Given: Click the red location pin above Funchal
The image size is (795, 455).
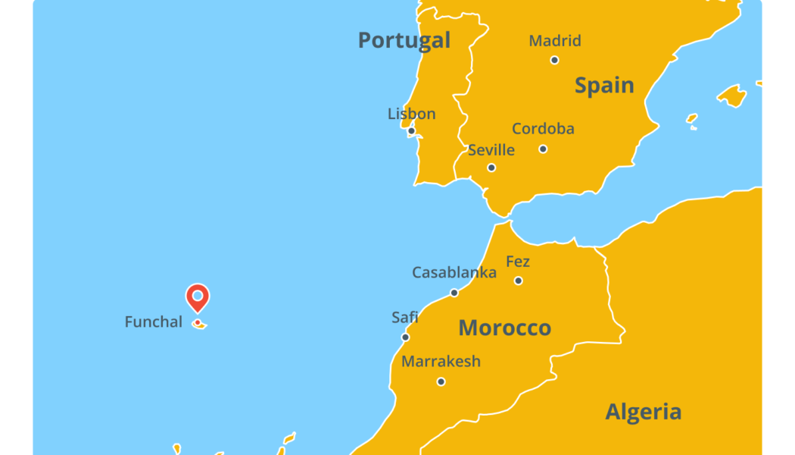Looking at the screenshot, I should pos(198,297).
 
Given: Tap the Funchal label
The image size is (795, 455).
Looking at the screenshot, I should pos(154,322).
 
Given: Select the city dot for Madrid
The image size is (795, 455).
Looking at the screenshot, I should pos(554,60).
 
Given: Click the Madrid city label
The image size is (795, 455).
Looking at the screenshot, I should pos(555,41).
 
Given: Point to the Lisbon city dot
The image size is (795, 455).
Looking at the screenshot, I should pos(411,131).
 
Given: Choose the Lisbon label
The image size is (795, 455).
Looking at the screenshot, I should pos(412,115).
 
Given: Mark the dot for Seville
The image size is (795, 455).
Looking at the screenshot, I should pos(491,168).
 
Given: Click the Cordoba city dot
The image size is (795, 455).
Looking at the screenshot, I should pos(543,149).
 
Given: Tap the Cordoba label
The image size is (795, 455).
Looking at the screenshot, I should pos(543,129).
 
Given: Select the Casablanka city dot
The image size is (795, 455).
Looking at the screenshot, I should pos(454,293).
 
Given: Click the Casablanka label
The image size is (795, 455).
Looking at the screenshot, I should pos(454,272).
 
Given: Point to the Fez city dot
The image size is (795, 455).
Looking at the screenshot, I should pos(518,281).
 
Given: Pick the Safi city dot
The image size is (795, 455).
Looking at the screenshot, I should pos(405,337).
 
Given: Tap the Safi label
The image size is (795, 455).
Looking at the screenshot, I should pos(405,318).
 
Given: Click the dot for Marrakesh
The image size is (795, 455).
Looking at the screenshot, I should pos(441,381).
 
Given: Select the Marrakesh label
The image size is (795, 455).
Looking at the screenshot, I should pos(441,362).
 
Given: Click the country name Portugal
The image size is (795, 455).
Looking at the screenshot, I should pos(404,40).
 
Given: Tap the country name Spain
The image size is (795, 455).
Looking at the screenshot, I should pos(604,86).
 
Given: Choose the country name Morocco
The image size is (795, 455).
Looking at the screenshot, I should pos(505,328).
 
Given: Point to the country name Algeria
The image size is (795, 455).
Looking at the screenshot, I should pos(644,412).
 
